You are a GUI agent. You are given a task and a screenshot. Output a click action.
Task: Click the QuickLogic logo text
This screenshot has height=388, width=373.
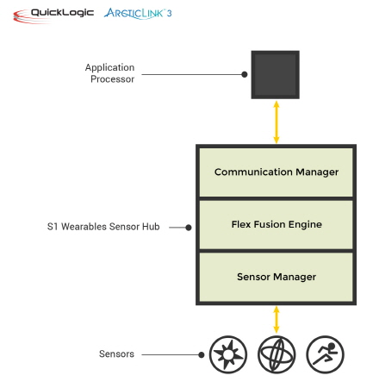(x=62, y=13)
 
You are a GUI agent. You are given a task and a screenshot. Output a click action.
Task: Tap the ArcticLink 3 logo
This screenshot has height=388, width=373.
(x=138, y=14)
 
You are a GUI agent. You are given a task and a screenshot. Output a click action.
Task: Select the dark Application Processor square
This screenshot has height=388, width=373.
(x=275, y=75)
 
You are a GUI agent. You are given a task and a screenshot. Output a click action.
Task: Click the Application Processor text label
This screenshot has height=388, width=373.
(x=109, y=73)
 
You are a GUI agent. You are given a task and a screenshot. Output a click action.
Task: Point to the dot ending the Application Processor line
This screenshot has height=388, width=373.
(x=245, y=74)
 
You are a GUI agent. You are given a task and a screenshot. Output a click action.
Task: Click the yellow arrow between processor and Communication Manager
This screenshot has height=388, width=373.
(x=277, y=122)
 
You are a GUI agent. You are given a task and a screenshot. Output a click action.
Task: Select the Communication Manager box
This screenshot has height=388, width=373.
(x=276, y=172)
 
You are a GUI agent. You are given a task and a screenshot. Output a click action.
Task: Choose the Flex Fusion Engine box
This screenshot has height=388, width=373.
(x=276, y=224)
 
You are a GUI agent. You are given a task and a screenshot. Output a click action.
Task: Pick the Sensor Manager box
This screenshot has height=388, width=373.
(x=276, y=277)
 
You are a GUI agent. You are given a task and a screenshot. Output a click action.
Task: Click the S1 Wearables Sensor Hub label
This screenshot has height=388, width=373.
(x=103, y=227)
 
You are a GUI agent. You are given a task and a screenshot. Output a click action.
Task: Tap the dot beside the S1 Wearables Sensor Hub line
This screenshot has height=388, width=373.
(x=189, y=228)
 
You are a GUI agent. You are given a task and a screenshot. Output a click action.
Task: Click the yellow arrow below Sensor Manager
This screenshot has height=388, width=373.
(x=277, y=319)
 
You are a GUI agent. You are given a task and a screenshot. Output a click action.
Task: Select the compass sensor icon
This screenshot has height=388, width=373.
(x=228, y=354)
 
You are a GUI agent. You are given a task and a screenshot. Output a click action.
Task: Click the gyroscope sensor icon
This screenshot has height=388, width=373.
(x=277, y=354)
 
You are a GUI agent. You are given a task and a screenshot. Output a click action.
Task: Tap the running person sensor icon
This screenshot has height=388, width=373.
(x=325, y=354)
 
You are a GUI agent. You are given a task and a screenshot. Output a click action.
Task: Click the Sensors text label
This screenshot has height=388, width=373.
(x=116, y=354)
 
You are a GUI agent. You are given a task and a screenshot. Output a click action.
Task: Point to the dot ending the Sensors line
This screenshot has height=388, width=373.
(x=202, y=355)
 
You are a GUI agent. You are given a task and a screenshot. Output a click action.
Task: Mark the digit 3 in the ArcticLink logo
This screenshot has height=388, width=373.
(x=169, y=13)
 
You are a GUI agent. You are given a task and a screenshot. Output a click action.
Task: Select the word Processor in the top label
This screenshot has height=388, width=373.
(x=112, y=79)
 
